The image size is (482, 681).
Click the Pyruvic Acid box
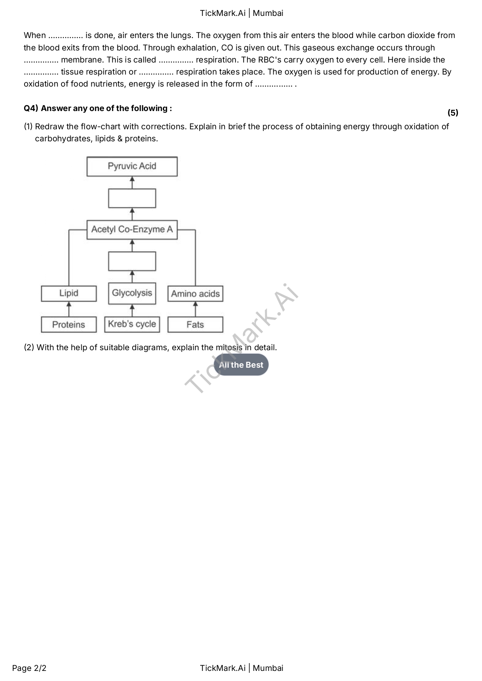(x=132, y=166)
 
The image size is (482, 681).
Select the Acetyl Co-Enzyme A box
(x=132, y=229)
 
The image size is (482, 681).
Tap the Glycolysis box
(x=132, y=293)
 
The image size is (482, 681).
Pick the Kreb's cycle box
(x=132, y=324)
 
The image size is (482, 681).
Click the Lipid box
(x=69, y=293)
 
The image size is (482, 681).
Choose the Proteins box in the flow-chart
(x=69, y=325)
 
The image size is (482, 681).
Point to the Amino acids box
(x=195, y=294)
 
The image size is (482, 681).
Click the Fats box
(x=195, y=325)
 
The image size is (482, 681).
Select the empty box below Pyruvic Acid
(x=132, y=198)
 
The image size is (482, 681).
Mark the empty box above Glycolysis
(x=132, y=261)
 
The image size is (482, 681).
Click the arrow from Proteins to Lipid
(x=69, y=309)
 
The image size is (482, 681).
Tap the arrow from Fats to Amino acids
(x=195, y=309)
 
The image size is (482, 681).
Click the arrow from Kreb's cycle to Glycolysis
(x=132, y=310)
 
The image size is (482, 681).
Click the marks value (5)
(x=452, y=113)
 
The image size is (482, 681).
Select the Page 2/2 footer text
(x=29, y=668)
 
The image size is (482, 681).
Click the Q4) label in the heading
(x=31, y=108)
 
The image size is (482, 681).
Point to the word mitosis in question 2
(x=229, y=347)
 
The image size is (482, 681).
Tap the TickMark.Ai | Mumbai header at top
(x=241, y=13)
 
